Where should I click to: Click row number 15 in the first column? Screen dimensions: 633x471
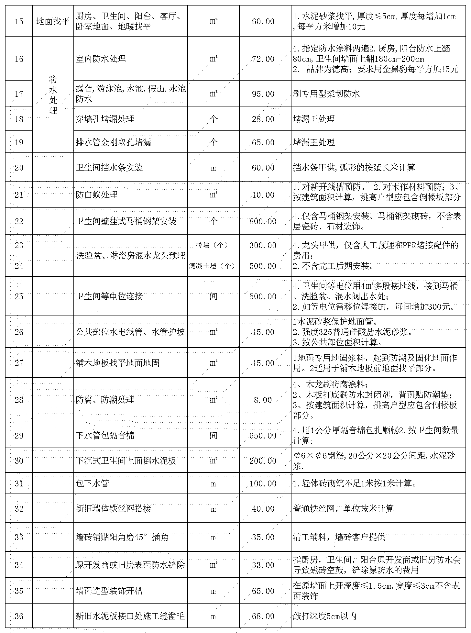(19, 22)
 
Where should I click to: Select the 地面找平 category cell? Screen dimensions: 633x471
(53, 22)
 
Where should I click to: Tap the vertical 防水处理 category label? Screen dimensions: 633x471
(53, 95)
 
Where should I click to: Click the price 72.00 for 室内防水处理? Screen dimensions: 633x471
(263, 59)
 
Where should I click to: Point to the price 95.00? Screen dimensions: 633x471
(263, 94)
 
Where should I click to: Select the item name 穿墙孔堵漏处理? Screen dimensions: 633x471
(105, 119)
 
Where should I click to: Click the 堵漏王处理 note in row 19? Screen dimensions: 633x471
(314, 142)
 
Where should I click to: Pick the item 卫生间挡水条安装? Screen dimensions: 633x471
(109, 168)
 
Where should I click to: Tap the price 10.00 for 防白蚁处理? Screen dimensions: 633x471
(263, 195)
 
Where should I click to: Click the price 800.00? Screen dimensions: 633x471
(263, 221)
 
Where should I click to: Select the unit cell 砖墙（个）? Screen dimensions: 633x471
(212, 245)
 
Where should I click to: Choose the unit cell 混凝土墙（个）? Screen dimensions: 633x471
(212, 266)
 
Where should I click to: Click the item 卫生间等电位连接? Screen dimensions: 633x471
(109, 296)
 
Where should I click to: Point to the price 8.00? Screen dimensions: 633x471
(263, 400)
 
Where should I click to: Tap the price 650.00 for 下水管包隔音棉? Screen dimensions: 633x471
(263, 436)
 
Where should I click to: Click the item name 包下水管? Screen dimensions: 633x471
(92, 483)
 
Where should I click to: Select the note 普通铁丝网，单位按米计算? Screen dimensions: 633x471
(343, 509)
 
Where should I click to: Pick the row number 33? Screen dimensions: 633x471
(19, 537)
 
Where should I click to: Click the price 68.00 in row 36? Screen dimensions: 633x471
(263, 616)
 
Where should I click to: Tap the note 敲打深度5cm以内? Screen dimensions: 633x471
(324, 616)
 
